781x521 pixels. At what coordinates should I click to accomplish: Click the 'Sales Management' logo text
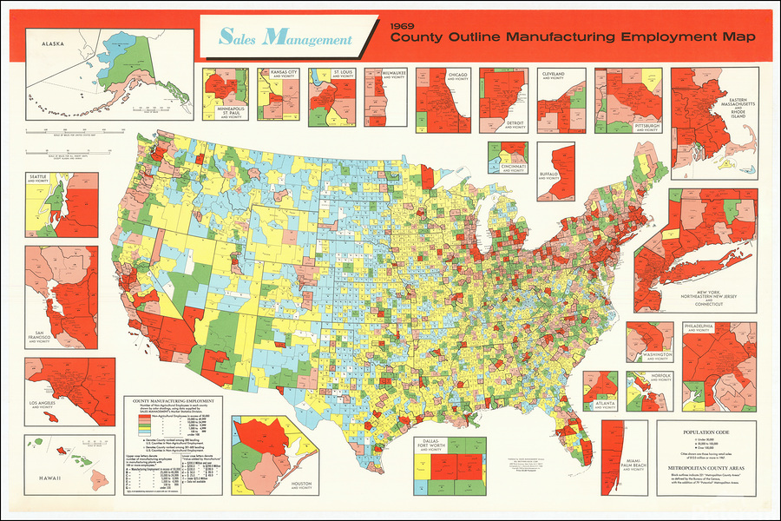(285, 38)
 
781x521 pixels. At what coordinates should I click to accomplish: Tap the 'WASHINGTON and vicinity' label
(658, 355)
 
